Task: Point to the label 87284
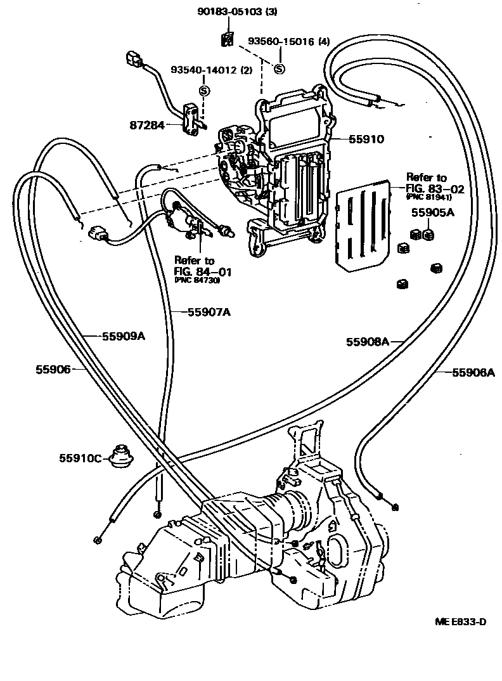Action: (148, 126)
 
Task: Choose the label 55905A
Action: (433, 212)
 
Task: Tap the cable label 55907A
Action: (209, 311)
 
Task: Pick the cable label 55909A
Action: (124, 336)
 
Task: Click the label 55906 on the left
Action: (53, 368)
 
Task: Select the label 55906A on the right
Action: (473, 372)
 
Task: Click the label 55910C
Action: (80, 457)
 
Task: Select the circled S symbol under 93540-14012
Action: (204, 90)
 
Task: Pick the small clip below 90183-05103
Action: (227, 41)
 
